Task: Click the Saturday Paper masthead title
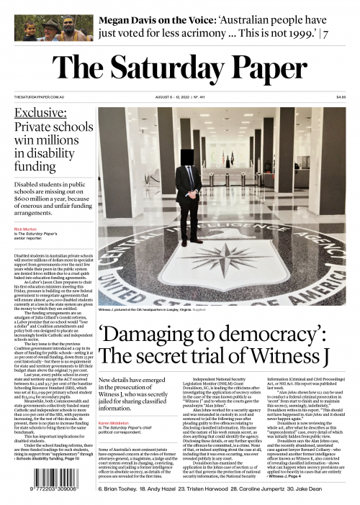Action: [x=179, y=70]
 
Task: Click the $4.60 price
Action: [x=341, y=97]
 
